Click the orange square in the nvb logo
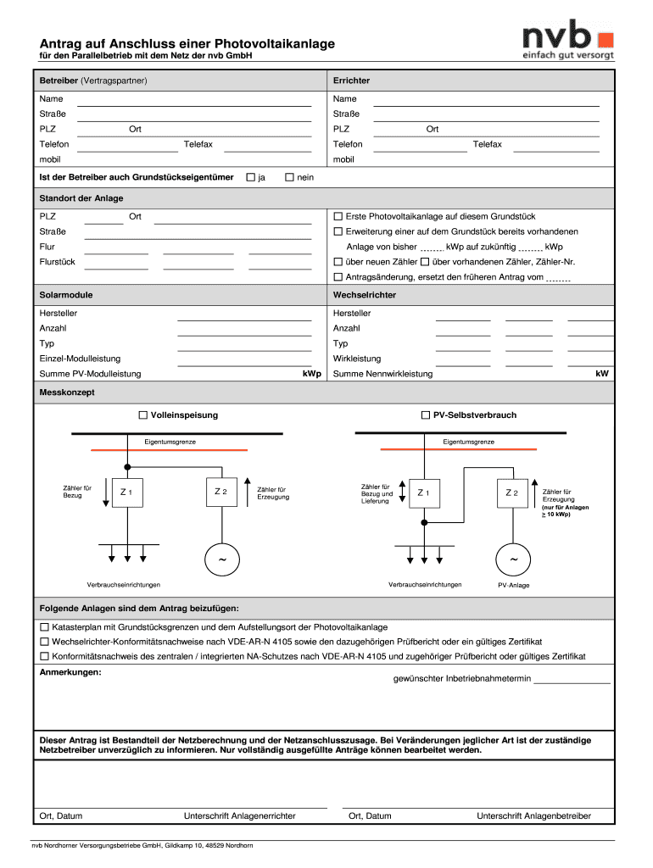point(605,39)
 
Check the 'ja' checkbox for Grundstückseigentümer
point(250,177)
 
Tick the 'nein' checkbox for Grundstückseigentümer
point(289,177)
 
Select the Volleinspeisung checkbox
point(143,415)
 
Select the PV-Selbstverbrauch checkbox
point(426,415)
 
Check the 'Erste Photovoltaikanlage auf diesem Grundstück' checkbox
point(338,216)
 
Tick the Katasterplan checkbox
point(45,627)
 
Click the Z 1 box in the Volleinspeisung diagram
point(126,492)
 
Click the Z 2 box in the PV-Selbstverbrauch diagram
point(511,492)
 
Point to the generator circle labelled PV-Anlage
point(513,560)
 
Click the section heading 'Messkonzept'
point(67,393)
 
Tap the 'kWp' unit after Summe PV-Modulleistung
point(312,374)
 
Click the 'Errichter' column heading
point(351,81)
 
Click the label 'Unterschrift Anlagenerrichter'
point(239,816)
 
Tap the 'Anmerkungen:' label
point(70,672)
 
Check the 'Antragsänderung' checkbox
point(338,277)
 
